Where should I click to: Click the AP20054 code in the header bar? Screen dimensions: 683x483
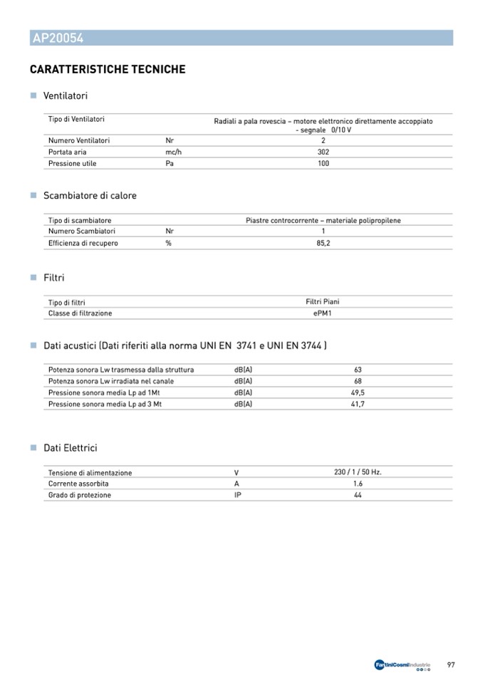(x=58, y=38)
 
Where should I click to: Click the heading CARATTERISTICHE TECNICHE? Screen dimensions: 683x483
(x=108, y=70)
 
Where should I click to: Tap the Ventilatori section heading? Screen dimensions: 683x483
(x=66, y=95)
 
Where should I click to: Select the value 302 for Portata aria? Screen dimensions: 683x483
(x=323, y=152)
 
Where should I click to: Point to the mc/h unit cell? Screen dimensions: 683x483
(x=175, y=152)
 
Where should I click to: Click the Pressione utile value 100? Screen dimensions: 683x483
(x=323, y=163)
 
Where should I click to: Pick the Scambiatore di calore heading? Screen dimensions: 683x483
(x=90, y=196)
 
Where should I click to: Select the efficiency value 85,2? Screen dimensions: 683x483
(x=323, y=243)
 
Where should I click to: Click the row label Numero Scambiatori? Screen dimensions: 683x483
(x=82, y=231)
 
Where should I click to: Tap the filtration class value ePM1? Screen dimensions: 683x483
(x=323, y=313)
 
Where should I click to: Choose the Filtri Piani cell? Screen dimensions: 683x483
(x=323, y=302)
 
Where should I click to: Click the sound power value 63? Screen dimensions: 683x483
(x=358, y=370)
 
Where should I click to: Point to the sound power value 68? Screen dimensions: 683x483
(x=358, y=381)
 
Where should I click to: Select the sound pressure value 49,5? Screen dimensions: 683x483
(x=358, y=392)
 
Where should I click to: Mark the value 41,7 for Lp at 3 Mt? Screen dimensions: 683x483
(x=358, y=404)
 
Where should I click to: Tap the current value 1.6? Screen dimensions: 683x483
(x=358, y=484)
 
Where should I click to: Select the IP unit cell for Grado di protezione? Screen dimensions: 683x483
(x=238, y=495)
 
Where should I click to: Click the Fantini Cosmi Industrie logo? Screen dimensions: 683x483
(x=402, y=665)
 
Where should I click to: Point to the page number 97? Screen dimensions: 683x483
(x=451, y=665)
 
